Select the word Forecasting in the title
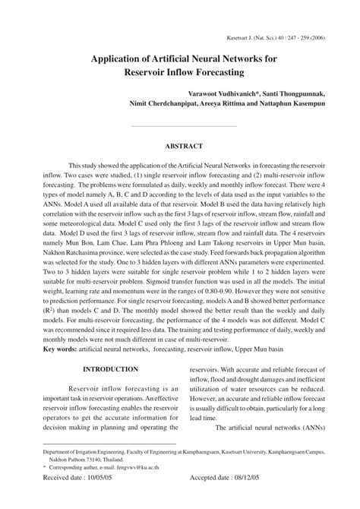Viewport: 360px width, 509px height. (214, 73)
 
